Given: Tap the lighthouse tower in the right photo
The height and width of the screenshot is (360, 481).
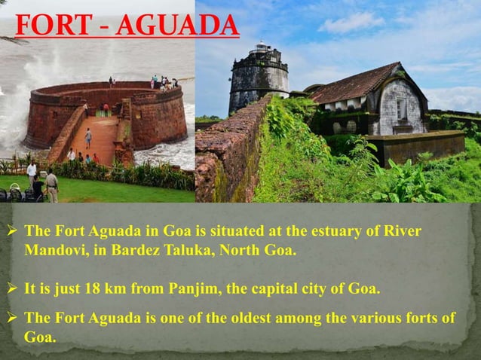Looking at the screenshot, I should click(x=259, y=78).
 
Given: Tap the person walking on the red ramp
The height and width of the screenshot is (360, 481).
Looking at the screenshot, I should click(x=88, y=137).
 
